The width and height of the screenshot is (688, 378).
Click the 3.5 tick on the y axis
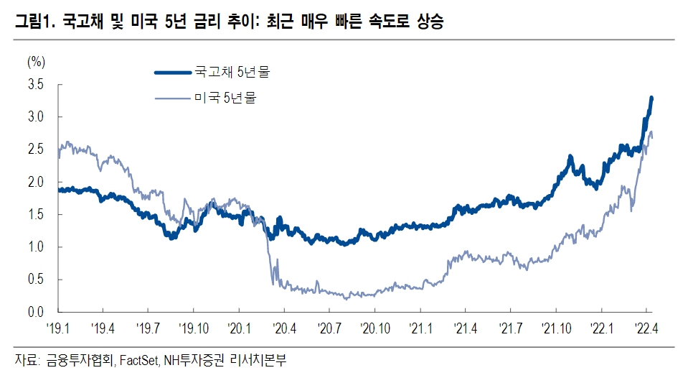(x=35, y=85)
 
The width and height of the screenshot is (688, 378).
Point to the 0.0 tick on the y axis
(x=35, y=312)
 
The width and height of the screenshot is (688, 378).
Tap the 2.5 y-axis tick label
(x=35, y=149)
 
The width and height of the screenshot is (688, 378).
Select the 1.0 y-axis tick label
(x=35, y=247)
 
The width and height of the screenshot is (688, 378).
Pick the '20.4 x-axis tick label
(x=285, y=330)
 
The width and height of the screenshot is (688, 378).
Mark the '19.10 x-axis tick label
(x=194, y=330)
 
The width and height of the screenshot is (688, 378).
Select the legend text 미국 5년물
(x=224, y=98)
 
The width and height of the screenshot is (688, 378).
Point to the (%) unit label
(x=36, y=60)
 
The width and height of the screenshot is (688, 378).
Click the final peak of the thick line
(x=651, y=98)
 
